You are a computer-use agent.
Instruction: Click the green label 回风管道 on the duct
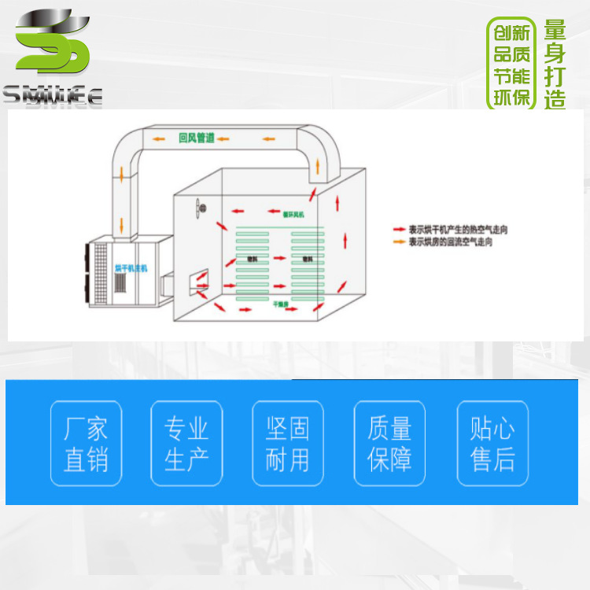(x=197, y=138)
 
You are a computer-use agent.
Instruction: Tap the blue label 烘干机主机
(x=131, y=268)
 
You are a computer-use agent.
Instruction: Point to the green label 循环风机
(x=293, y=212)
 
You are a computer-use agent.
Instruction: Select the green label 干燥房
(x=282, y=302)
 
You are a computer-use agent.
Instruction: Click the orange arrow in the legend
(x=399, y=242)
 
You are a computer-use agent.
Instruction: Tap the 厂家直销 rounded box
(x=86, y=444)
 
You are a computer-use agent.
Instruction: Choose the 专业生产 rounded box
(x=186, y=444)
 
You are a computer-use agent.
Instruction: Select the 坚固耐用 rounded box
(x=287, y=444)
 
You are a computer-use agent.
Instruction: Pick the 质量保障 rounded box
(x=389, y=444)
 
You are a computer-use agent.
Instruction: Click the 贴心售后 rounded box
(x=492, y=444)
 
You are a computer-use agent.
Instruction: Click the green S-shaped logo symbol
(x=53, y=43)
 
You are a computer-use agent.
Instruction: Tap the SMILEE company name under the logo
(x=53, y=97)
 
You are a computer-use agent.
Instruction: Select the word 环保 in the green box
(x=511, y=98)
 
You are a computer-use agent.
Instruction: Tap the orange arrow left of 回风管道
(x=159, y=139)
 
